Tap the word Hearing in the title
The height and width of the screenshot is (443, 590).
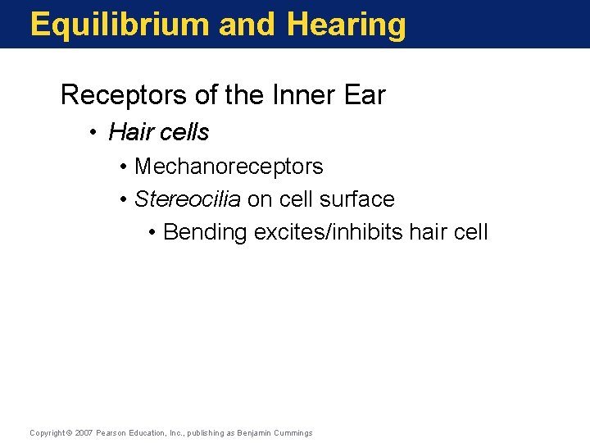347,25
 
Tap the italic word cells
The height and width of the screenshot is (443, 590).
184,131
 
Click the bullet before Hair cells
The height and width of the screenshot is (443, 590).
96,132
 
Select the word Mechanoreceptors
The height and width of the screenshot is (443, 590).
229,167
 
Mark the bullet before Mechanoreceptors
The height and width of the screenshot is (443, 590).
123,167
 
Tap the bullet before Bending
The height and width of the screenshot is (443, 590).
153,233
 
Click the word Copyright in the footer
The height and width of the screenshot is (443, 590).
47,432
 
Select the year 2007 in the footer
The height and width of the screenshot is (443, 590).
84,432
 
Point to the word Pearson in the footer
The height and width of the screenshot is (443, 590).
111,432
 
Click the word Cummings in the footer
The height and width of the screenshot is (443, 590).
293,432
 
